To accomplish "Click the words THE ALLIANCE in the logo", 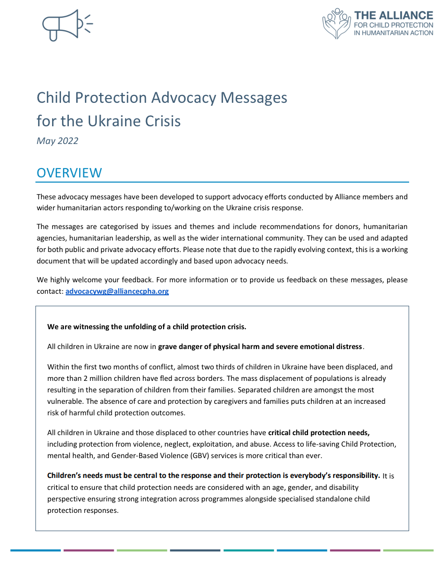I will click(393, 15).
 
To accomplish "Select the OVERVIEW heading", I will click(69, 173).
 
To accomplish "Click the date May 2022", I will click(57, 140).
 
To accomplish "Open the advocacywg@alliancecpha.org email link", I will click(117, 291).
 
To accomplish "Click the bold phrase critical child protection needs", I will click(319, 433).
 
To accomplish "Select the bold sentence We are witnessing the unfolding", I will click(146, 327).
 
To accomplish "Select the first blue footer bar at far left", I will click(35, 550).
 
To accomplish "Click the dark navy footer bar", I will click(195, 550).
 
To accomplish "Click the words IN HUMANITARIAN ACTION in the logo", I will click(393, 32).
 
